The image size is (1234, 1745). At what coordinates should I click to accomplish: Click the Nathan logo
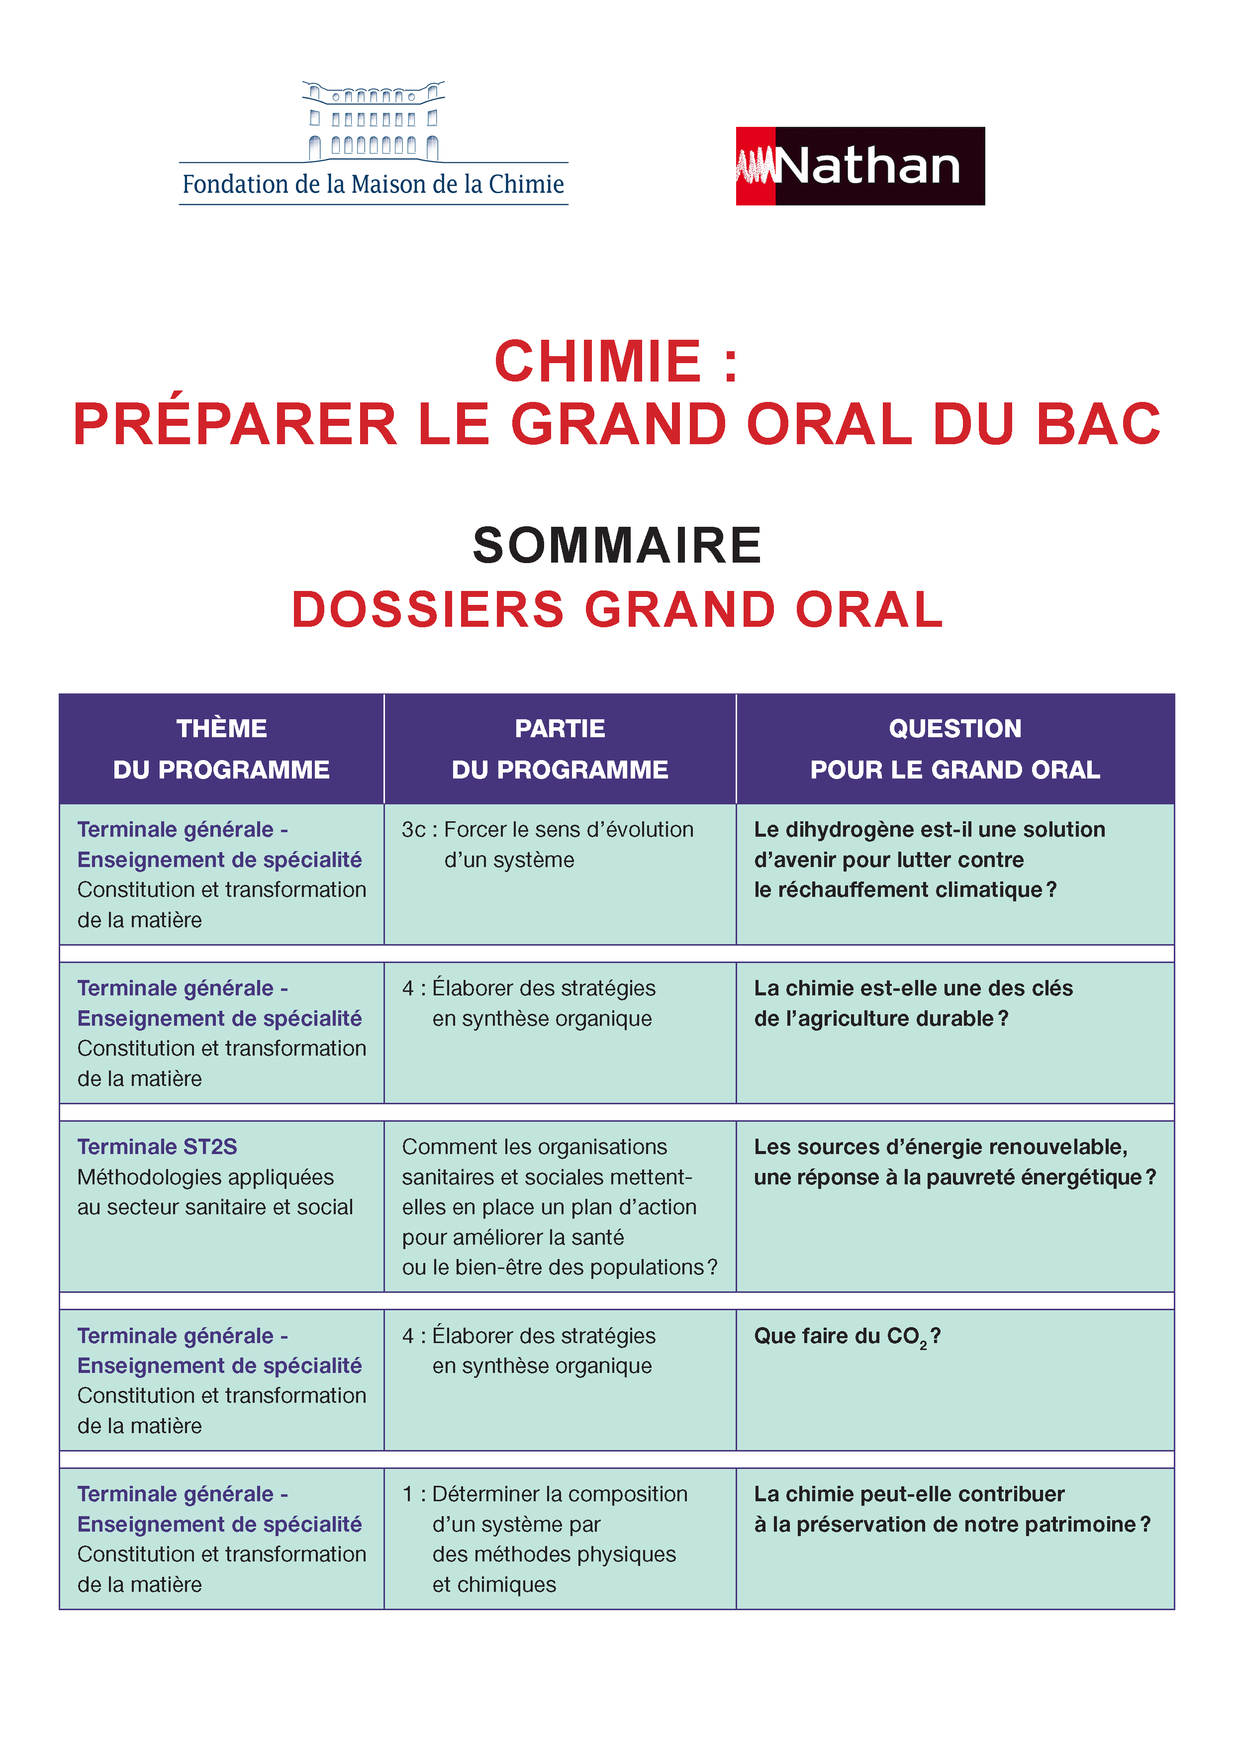click(x=859, y=166)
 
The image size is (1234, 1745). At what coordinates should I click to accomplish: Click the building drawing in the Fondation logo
click(x=373, y=121)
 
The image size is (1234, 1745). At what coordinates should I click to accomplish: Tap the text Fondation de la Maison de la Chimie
click(x=373, y=185)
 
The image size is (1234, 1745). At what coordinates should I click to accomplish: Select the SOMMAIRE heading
click(x=616, y=546)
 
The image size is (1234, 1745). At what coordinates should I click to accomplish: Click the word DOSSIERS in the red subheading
click(x=428, y=609)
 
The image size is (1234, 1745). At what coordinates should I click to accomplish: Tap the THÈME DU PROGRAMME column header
click(x=221, y=749)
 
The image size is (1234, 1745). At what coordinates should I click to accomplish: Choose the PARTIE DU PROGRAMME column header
click(x=560, y=749)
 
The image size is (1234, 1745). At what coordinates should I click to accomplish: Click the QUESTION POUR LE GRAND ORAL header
click(x=955, y=749)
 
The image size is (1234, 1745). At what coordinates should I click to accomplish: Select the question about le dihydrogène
click(x=929, y=860)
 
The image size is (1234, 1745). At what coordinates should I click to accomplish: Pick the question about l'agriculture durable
click(x=913, y=1003)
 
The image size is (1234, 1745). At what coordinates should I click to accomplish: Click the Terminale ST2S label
click(x=157, y=1147)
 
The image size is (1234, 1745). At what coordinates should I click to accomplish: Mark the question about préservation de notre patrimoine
click(x=951, y=1509)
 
